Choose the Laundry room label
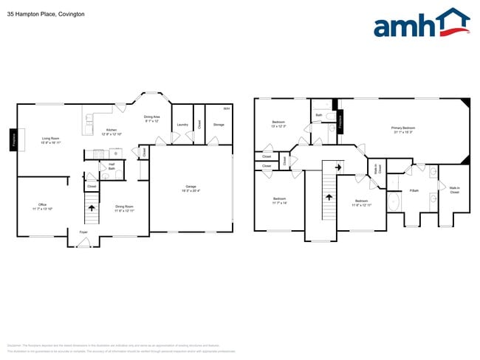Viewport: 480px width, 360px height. tap(182, 125)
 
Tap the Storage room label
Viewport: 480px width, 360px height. tap(219, 125)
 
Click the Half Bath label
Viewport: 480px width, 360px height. tap(111, 166)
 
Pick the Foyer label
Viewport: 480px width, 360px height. tap(83, 232)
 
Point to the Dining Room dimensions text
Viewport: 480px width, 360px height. tap(124, 211)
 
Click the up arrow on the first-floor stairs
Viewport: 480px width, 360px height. tap(92, 209)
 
